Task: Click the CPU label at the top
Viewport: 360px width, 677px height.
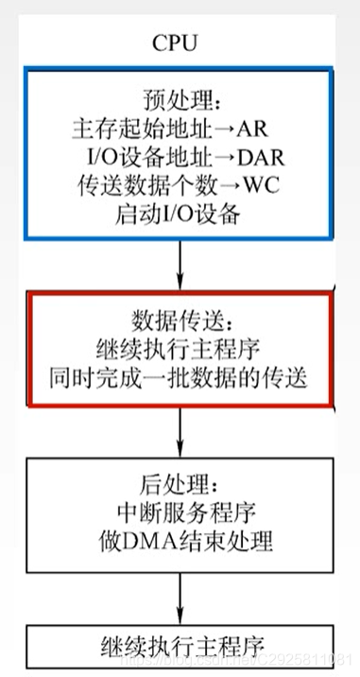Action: coord(179,43)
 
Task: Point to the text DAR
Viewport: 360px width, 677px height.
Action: coord(249,156)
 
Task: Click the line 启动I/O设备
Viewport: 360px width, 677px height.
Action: coord(179,213)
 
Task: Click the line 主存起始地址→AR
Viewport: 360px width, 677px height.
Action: coord(179,128)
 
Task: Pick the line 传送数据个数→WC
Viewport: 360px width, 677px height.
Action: coord(179,184)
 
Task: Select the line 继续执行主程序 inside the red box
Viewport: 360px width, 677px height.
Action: coord(179,348)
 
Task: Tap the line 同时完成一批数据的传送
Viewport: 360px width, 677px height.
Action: coord(179,376)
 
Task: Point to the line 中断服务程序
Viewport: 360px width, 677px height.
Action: coord(179,516)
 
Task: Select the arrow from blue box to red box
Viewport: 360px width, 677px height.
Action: coord(180,265)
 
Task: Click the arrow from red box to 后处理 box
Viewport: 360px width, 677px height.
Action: coord(180,430)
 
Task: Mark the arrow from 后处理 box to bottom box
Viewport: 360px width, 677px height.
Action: coord(180,596)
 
